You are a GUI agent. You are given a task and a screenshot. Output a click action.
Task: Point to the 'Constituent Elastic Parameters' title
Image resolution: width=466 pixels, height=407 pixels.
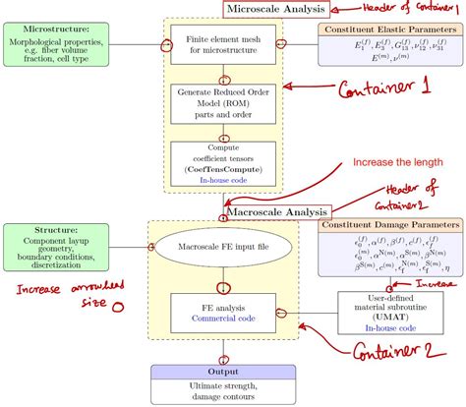point(390,30)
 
